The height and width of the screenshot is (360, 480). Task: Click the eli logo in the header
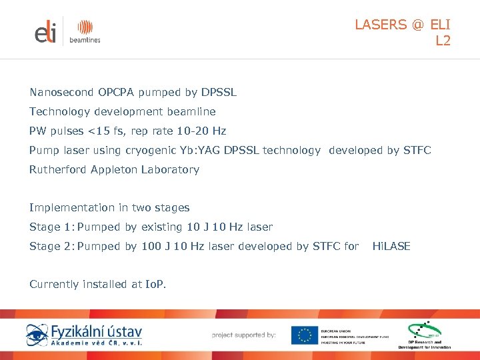click(46, 31)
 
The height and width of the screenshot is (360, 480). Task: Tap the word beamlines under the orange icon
click(85, 40)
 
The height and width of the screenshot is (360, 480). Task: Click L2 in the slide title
click(443, 41)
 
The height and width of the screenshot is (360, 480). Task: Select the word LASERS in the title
click(380, 25)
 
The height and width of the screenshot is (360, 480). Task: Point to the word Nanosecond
click(61, 92)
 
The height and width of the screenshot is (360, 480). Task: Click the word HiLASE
click(391, 246)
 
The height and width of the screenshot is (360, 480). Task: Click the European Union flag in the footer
click(305, 335)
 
